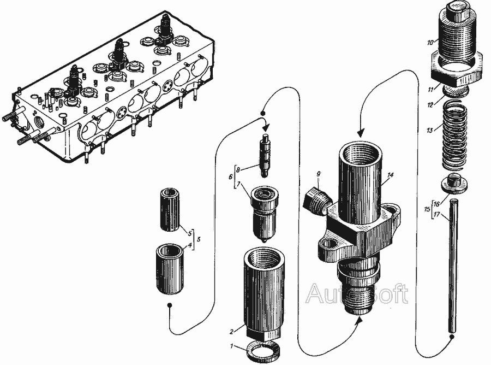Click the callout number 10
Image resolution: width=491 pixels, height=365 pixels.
click(431, 42)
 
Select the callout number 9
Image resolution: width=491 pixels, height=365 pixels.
click(319, 174)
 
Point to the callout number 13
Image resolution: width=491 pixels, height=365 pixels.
click(430, 130)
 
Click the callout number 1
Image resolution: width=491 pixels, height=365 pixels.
click(231, 346)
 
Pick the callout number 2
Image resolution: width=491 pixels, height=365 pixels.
click(232, 332)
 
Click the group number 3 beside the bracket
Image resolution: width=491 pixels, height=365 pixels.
click(198, 239)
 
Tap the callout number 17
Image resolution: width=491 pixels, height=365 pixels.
click(436, 215)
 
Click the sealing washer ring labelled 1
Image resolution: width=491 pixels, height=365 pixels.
click(262, 352)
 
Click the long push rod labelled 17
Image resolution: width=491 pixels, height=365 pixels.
click(453, 266)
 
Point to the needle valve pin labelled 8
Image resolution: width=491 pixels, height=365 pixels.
click(265, 155)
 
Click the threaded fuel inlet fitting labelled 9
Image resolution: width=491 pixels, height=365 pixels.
click(316, 201)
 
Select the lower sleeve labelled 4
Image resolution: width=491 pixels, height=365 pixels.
click(170, 269)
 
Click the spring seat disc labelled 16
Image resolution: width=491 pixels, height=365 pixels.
click(454, 183)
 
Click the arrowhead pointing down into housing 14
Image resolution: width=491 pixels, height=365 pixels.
click(361, 133)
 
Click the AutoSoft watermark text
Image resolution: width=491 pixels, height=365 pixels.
click(357, 294)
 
